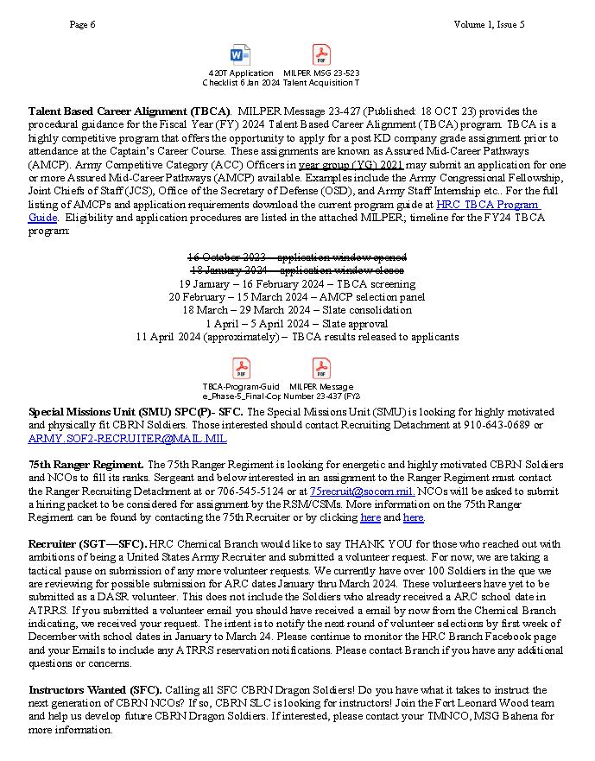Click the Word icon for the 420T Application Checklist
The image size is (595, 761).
pyautogui.click(x=241, y=55)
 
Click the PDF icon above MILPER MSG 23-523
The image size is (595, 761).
pyautogui.click(x=321, y=55)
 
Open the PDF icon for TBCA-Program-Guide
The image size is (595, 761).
pyautogui.click(x=242, y=369)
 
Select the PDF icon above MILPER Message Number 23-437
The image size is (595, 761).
pyautogui.click(x=321, y=369)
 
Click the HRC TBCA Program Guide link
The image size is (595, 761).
pyautogui.click(x=488, y=205)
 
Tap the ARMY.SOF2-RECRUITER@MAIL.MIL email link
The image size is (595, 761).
pyautogui.click(x=127, y=439)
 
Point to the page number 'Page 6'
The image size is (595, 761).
pyautogui.click(x=83, y=24)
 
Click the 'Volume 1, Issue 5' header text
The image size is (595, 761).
pyautogui.click(x=489, y=24)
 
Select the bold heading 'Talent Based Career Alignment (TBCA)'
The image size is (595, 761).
pyautogui.click(x=129, y=112)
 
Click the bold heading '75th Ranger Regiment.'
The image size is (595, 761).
pyautogui.click(x=86, y=465)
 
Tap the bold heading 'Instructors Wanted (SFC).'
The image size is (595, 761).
pyautogui.click(x=95, y=690)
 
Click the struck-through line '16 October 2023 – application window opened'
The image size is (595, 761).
pyautogui.click(x=298, y=257)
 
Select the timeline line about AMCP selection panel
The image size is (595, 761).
pyautogui.click(x=298, y=296)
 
